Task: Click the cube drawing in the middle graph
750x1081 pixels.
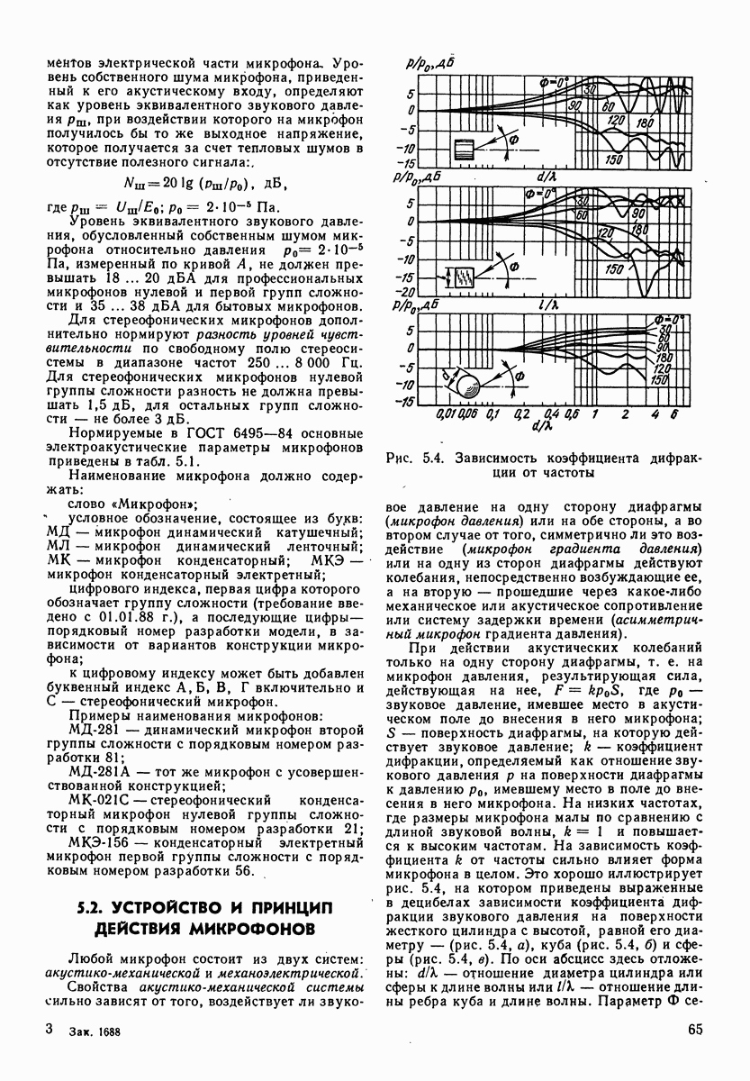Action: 464,277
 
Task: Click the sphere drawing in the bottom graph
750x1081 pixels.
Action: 470,386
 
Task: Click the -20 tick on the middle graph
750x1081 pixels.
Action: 406,292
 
